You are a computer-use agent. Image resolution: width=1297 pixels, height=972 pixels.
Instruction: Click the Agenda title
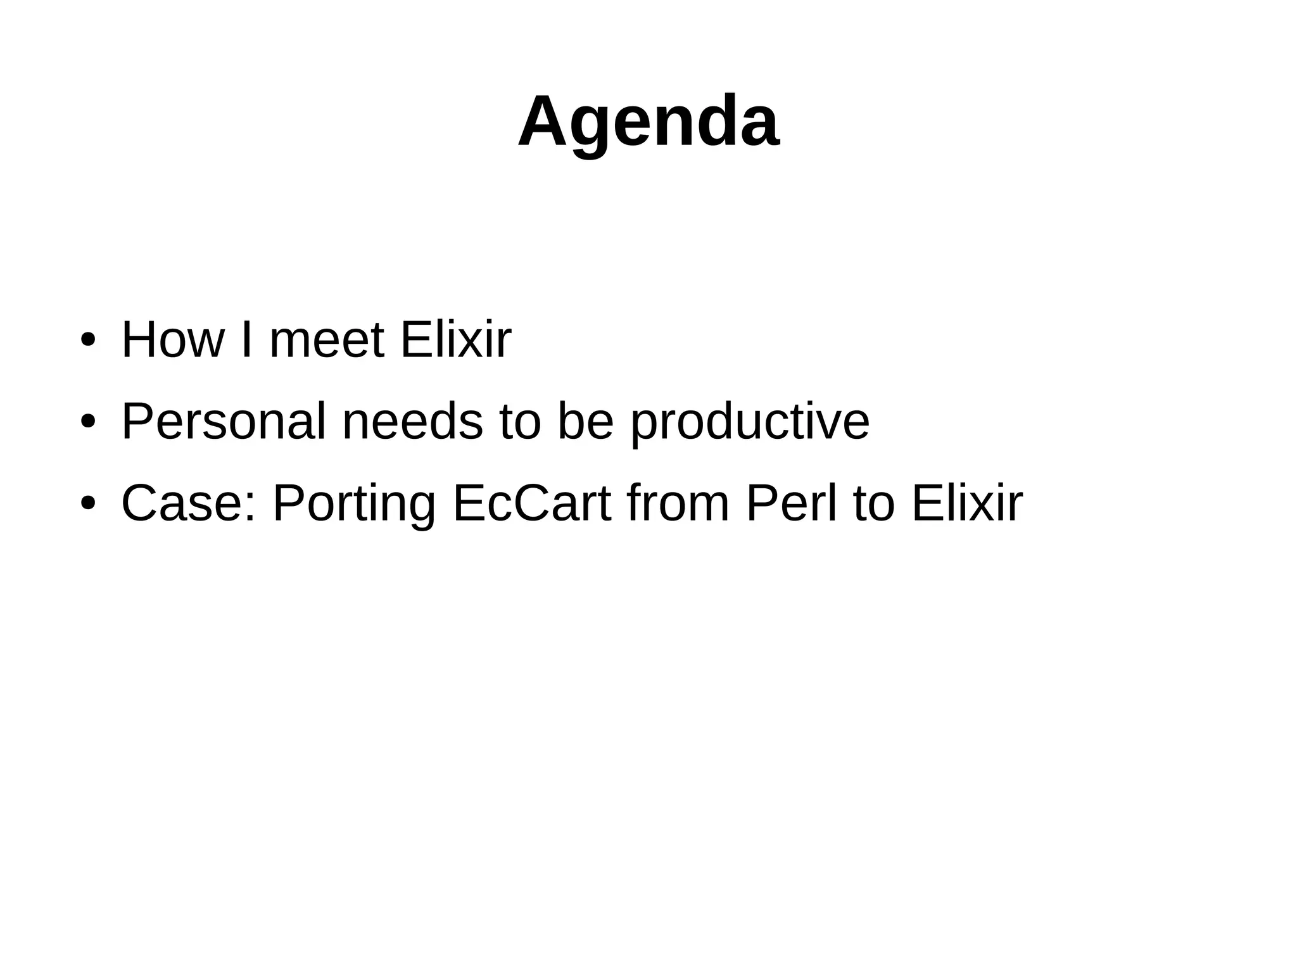point(648,122)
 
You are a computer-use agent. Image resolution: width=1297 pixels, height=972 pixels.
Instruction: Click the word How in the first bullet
point(172,341)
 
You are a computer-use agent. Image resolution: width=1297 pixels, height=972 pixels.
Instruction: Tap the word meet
point(327,341)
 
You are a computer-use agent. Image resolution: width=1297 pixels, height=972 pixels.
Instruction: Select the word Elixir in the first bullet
point(455,341)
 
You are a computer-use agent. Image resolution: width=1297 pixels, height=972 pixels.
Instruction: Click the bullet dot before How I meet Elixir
point(88,340)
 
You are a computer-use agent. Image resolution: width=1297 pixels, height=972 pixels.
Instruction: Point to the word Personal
point(224,422)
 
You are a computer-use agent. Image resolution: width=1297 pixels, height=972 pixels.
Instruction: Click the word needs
point(412,422)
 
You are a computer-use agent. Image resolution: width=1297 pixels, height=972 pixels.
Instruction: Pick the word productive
point(750,423)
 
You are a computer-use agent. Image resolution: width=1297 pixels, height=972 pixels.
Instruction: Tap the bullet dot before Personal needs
point(88,422)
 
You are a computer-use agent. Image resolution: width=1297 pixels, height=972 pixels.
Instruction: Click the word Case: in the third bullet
point(189,504)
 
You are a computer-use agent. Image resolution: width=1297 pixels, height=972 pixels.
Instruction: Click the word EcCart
point(532,504)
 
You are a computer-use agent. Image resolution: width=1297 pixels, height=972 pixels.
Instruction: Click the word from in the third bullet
point(678,504)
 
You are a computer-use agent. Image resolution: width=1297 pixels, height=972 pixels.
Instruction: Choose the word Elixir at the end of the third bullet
point(967,504)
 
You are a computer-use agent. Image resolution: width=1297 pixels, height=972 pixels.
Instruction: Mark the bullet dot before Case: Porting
point(88,503)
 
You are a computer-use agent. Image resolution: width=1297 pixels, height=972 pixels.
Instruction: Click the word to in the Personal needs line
point(520,422)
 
